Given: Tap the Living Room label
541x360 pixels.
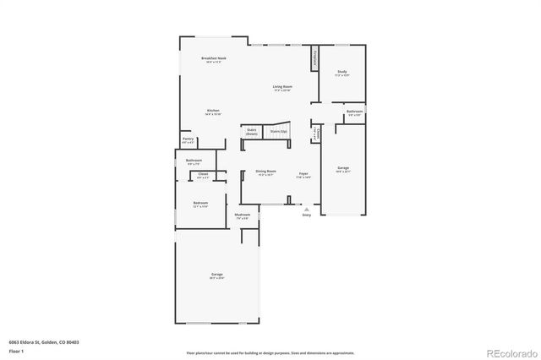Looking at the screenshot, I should [282, 87].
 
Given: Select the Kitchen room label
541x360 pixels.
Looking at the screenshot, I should [214, 111].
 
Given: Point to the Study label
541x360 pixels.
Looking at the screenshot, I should [342, 73].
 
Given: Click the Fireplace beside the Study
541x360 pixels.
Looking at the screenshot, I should [314, 59].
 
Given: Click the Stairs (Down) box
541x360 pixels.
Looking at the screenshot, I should [252, 132].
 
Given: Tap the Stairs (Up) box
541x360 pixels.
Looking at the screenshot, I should [278, 132].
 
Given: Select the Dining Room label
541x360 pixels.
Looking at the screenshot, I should [266, 172].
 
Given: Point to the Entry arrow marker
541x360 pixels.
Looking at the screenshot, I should [307, 208].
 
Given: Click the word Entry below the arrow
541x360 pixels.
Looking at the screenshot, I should [307, 215].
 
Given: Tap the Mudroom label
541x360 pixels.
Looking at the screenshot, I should [242, 216].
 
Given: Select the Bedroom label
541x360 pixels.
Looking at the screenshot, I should [200, 204].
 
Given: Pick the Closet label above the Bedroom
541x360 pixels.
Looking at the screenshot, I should [203, 175].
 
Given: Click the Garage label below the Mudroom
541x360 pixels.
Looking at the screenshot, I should [217, 275].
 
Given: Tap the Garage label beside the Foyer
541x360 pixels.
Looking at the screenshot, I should [343, 169].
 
